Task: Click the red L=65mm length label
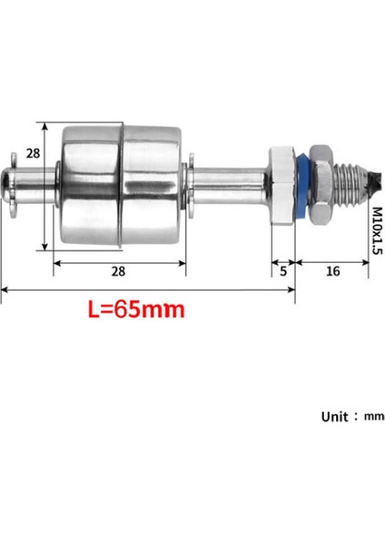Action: (136, 309)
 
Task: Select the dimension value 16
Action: (332, 271)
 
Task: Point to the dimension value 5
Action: (284, 271)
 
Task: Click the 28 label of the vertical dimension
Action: (33, 155)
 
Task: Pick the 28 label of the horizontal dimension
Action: (119, 271)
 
